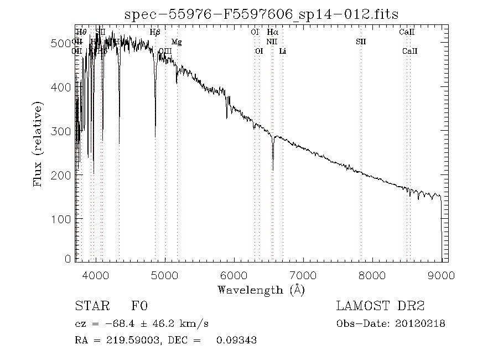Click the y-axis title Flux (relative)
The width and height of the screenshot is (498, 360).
point(38,143)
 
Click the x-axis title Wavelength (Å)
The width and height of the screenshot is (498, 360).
point(261,289)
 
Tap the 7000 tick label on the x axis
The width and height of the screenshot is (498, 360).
point(303,275)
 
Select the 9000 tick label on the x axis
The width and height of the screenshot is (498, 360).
point(442,275)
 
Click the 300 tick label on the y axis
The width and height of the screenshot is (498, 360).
point(62,131)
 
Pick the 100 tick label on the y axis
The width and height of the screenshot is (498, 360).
point(62,219)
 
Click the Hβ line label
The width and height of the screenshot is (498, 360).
point(155,32)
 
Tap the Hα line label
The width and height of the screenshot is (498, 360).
point(272,32)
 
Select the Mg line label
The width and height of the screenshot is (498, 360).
point(177,42)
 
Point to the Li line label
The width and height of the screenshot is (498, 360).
point(283,51)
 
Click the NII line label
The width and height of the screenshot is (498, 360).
point(272,42)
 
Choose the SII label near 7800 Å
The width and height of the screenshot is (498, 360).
point(361,42)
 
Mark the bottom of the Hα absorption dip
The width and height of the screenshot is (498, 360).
point(273,169)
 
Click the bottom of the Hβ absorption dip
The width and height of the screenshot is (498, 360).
point(155,136)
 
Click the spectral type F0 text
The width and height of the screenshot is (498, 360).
point(139,306)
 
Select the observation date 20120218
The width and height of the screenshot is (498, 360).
point(420,323)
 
